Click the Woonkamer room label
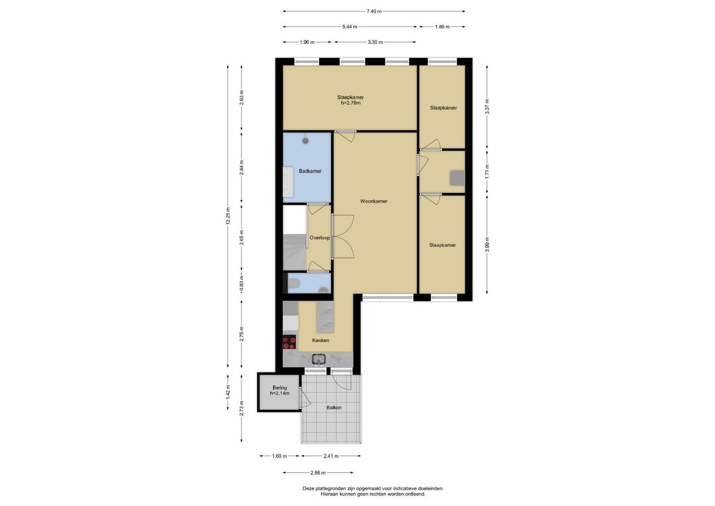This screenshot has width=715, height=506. [374, 201]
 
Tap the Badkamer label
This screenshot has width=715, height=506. [310, 171]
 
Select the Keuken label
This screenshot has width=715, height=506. [320, 341]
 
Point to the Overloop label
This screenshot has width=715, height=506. [319, 238]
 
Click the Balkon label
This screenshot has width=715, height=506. [334, 408]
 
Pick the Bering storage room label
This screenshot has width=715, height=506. [280, 388]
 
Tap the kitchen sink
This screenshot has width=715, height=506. [318, 359]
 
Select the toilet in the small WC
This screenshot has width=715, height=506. [293, 283]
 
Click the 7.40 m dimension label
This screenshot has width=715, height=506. [374, 12]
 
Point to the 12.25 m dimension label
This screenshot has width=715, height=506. [228, 216]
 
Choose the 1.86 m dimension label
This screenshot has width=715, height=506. [442, 27]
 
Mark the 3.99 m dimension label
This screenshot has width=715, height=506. [487, 245]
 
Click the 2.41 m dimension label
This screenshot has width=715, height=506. [331, 456]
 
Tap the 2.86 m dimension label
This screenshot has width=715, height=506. [318, 473]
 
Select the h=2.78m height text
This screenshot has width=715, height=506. [351, 103]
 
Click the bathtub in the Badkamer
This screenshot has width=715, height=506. [288, 182]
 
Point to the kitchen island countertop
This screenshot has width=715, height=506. [325, 317]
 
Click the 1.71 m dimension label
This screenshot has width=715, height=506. [487, 171]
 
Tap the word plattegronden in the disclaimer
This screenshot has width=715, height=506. [331, 489]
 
